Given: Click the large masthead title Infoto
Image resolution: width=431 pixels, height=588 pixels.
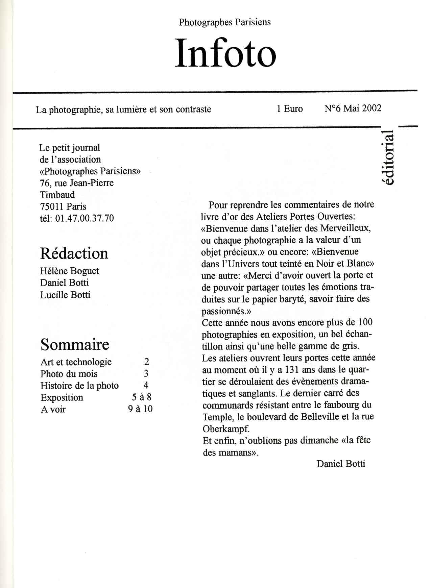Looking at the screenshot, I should coord(225,53).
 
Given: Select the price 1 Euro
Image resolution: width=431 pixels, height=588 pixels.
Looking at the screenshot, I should coord(290,108).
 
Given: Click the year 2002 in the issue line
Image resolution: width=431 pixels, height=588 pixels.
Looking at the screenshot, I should coord(372,108).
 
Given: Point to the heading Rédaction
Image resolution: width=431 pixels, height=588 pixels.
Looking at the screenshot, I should coord(74,253).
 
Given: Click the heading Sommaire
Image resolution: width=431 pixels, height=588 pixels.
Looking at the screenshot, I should coord(75,344).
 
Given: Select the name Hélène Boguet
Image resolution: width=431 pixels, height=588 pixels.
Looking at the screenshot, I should coord(69,271).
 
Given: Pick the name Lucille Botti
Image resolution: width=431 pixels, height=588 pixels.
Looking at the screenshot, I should coord(65,295).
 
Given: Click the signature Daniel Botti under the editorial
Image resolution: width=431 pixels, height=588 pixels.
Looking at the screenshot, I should coord(341,464).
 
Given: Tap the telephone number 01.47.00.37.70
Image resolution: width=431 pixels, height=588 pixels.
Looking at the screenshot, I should coord(85,218).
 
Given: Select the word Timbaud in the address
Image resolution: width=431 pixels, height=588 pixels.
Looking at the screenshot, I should coord(57,195).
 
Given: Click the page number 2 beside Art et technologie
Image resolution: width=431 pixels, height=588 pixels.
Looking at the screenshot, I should coord(146,362).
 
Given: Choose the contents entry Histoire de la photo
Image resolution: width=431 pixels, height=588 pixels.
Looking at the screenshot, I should coord(79,386).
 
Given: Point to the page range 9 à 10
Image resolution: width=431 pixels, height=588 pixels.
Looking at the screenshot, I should coord(140,409).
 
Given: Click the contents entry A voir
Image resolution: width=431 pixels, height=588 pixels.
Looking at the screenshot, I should coord(53,409).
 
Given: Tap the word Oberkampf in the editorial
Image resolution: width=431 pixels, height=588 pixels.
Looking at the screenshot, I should coord(226,429).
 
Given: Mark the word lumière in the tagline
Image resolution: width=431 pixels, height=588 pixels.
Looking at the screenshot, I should coord(131,109).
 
